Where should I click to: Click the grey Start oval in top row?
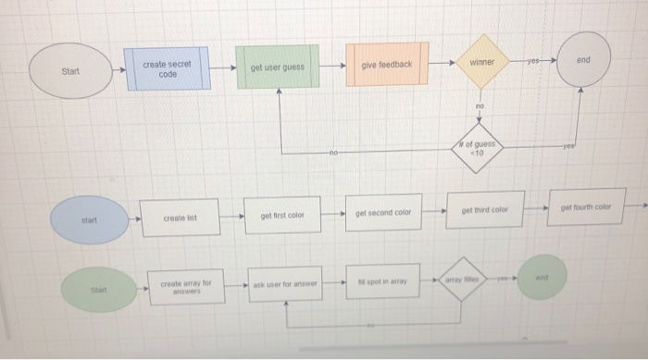[69, 71]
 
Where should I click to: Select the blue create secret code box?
[167, 69]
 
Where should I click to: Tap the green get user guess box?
[277, 68]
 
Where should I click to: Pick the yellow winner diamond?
[481, 63]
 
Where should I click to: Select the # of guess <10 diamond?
[480, 148]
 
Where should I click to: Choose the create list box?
[181, 218]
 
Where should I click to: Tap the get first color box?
[281, 215]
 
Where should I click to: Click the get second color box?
[383, 213]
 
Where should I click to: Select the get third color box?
[487, 210]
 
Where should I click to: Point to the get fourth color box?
[588, 206]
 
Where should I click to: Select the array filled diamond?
[462, 279]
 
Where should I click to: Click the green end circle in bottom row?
[542, 277]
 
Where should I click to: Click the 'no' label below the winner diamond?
[480, 107]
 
